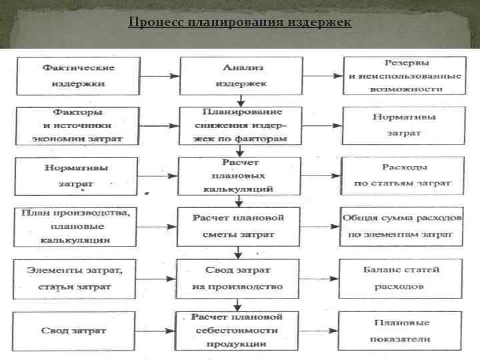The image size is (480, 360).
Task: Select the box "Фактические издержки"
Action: [79, 77]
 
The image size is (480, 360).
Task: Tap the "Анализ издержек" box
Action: [239, 76]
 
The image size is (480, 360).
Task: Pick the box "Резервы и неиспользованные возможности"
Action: [403, 75]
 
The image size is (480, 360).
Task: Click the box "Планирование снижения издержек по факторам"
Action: [239, 125]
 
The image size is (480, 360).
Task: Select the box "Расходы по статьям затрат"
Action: [402, 175]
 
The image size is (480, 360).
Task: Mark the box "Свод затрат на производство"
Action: [238, 277]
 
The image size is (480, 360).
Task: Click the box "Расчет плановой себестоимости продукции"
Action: [238, 330]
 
